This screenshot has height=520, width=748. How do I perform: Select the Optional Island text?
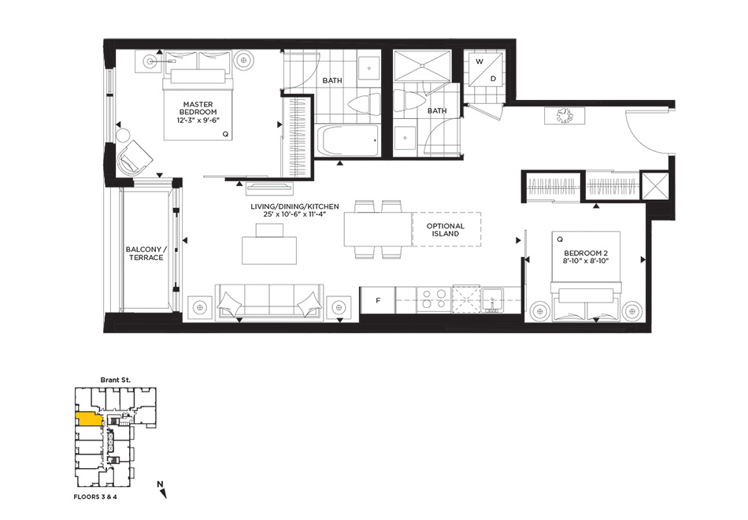[x=446, y=230]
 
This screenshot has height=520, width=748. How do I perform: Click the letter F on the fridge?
[x=378, y=300]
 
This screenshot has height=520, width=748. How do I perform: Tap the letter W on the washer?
[x=480, y=61]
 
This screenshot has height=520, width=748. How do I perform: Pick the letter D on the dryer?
[x=493, y=78]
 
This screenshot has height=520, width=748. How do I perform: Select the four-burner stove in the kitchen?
[x=434, y=299]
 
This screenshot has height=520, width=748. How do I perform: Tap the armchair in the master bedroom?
[x=135, y=157]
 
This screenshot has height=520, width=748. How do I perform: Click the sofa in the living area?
[x=269, y=301]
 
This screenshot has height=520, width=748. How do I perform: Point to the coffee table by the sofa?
[x=269, y=251]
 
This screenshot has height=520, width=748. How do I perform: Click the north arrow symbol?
[x=162, y=490]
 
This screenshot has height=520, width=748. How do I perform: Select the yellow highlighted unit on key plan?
[x=89, y=419]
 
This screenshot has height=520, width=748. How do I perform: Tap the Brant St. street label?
[x=116, y=380]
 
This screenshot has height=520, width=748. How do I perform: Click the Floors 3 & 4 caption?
[x=95, y=496]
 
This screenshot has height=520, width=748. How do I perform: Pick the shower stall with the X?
[x=422, y=65]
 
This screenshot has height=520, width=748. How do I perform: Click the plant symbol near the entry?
[x=565, y=116]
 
